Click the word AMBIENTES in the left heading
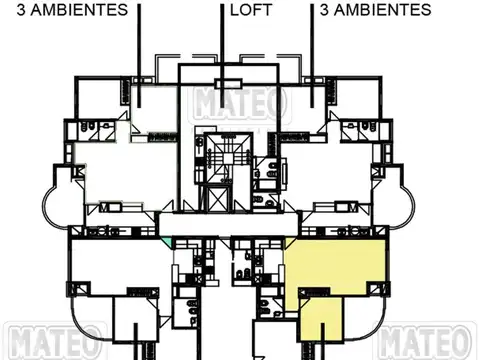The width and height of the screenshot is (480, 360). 81,11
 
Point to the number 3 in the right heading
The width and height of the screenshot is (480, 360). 325,11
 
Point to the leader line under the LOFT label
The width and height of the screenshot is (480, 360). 221,40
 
